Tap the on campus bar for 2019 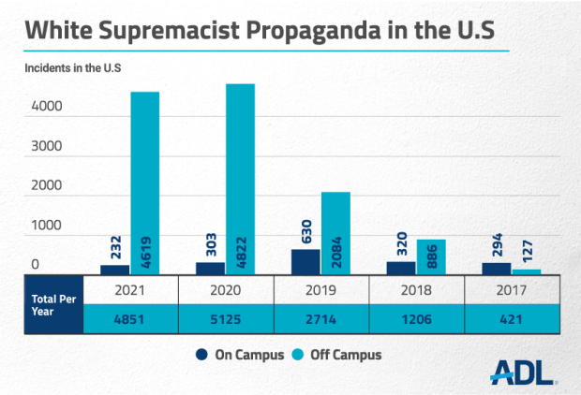(305, 261)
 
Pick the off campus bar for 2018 (431, 256)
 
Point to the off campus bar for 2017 (527, 271)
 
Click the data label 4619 (144, 251)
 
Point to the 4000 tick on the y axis (46, 108)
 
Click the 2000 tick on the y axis (46, 186)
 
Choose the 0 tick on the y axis (35, 266)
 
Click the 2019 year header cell (321, 289)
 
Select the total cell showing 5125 (227, 318)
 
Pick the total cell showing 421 (513, 318)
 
